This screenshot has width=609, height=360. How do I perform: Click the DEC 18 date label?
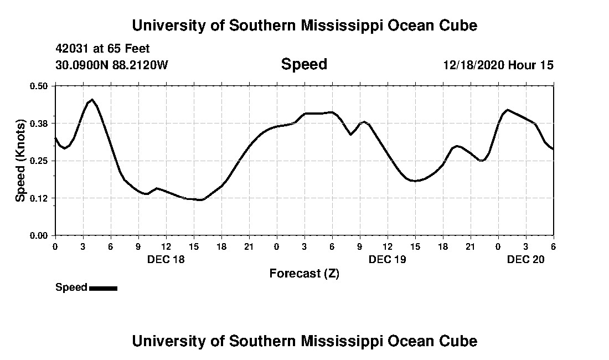(x=166, y=259)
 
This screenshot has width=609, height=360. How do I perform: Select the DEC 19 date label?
(x=388, y=259)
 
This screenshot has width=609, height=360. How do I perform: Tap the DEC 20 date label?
(x=526, y=259)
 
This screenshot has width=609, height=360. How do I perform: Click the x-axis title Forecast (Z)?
(x=304, y=273)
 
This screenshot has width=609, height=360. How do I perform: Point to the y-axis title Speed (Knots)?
(x=20, y=161)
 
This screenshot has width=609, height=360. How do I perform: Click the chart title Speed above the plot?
(x=304, y=64)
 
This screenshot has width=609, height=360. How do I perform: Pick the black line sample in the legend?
(x=103, y=288)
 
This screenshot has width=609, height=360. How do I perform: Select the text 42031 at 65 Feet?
(x=102, y=49)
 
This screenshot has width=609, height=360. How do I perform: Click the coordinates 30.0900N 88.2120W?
(x=111, y=65)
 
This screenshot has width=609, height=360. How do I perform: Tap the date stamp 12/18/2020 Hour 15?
(x=498, y=65)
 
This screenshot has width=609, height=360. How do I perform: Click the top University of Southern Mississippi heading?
(x=304, y=25)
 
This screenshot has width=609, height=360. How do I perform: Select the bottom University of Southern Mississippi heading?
(x=304, y=341)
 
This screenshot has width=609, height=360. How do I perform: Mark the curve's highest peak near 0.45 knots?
(x=92, y=100)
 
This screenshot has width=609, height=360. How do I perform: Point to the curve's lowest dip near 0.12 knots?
(x=201, y=200)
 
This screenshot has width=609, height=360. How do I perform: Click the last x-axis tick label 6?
(x=553, y=246)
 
